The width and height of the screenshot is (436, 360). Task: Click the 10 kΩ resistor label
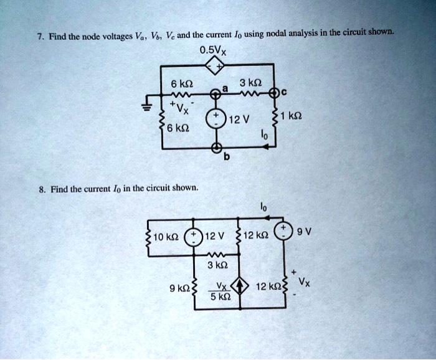(166, 237)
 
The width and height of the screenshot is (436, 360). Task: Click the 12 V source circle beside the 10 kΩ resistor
(194, 237)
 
